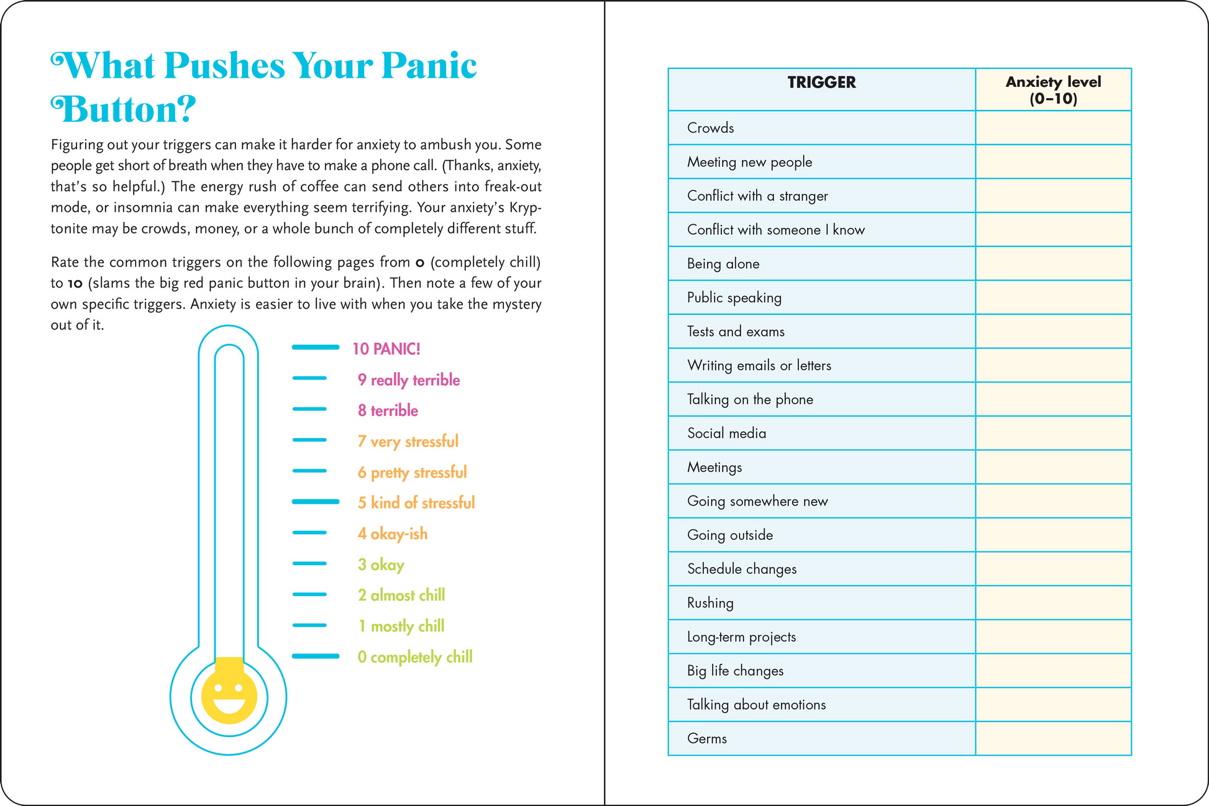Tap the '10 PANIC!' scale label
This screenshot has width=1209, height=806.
click(386, 349)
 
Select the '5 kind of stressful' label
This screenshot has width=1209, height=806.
click(416, 503)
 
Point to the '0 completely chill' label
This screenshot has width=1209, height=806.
click(414, 657)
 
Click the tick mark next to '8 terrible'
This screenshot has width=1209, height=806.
click(309, 409)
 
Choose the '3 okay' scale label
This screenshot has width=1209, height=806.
click(380, 564)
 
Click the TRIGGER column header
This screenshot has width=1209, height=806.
click(821, 83)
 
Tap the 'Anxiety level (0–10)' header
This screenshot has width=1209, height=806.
click(1053, 90)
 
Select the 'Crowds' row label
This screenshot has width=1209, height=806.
click(710, 128)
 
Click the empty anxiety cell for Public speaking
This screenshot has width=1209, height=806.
click(1053, 297)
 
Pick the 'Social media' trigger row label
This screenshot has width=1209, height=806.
click(726, 433)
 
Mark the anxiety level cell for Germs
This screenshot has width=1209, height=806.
click(1053, 738)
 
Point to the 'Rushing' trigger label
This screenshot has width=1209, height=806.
click(710, 603)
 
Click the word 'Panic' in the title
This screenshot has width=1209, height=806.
click(429, 65)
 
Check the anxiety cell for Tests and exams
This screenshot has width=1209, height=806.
click(1053, 332)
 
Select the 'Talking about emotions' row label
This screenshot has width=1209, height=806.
click(756, 705)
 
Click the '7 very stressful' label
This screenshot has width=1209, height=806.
click(408, 441)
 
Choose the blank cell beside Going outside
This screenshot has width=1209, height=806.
click(1053, 535)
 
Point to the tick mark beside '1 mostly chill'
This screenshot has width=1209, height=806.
click(309, 625)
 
